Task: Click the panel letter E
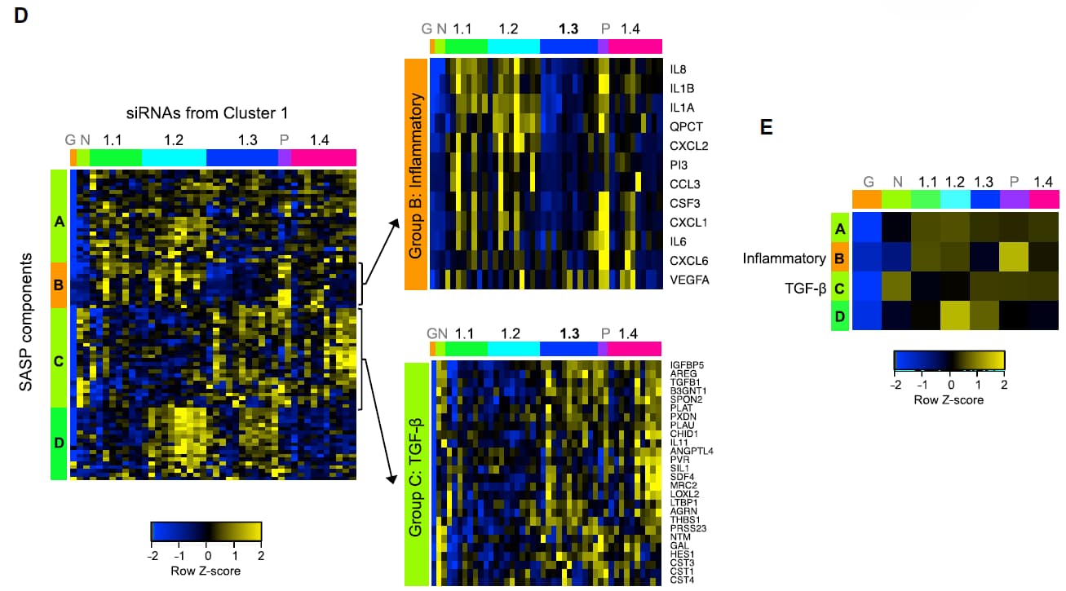tap(766, 127)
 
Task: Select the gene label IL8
tap(676, 69)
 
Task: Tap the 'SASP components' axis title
tap(26, 321)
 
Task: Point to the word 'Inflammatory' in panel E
tap(784, 258)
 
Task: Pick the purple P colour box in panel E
tap(1015, 199)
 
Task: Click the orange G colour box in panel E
tap(867, 199)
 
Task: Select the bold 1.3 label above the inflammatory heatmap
tap(568, 29)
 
